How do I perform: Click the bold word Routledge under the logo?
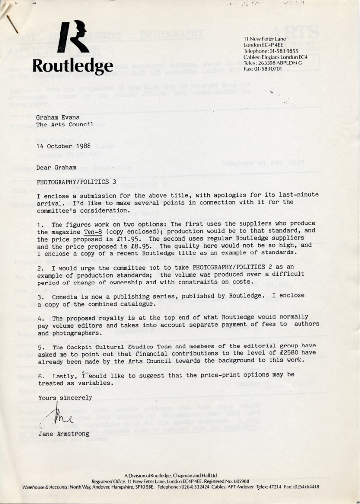point(73,65)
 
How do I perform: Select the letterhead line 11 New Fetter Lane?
point(265,38)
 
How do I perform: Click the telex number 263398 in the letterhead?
point(266,64)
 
